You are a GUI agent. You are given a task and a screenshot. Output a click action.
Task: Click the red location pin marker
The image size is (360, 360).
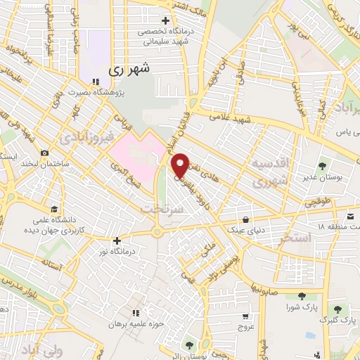(180, 165)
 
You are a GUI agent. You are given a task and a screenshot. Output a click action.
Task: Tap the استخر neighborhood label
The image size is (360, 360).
(295, 238)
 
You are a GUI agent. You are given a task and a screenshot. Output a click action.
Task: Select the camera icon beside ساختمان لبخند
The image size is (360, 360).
(45, 153)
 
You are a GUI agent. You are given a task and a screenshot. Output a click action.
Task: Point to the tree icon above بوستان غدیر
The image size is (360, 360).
(322, 167)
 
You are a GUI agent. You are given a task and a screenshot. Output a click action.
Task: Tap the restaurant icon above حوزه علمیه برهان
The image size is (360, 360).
(135, 312)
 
